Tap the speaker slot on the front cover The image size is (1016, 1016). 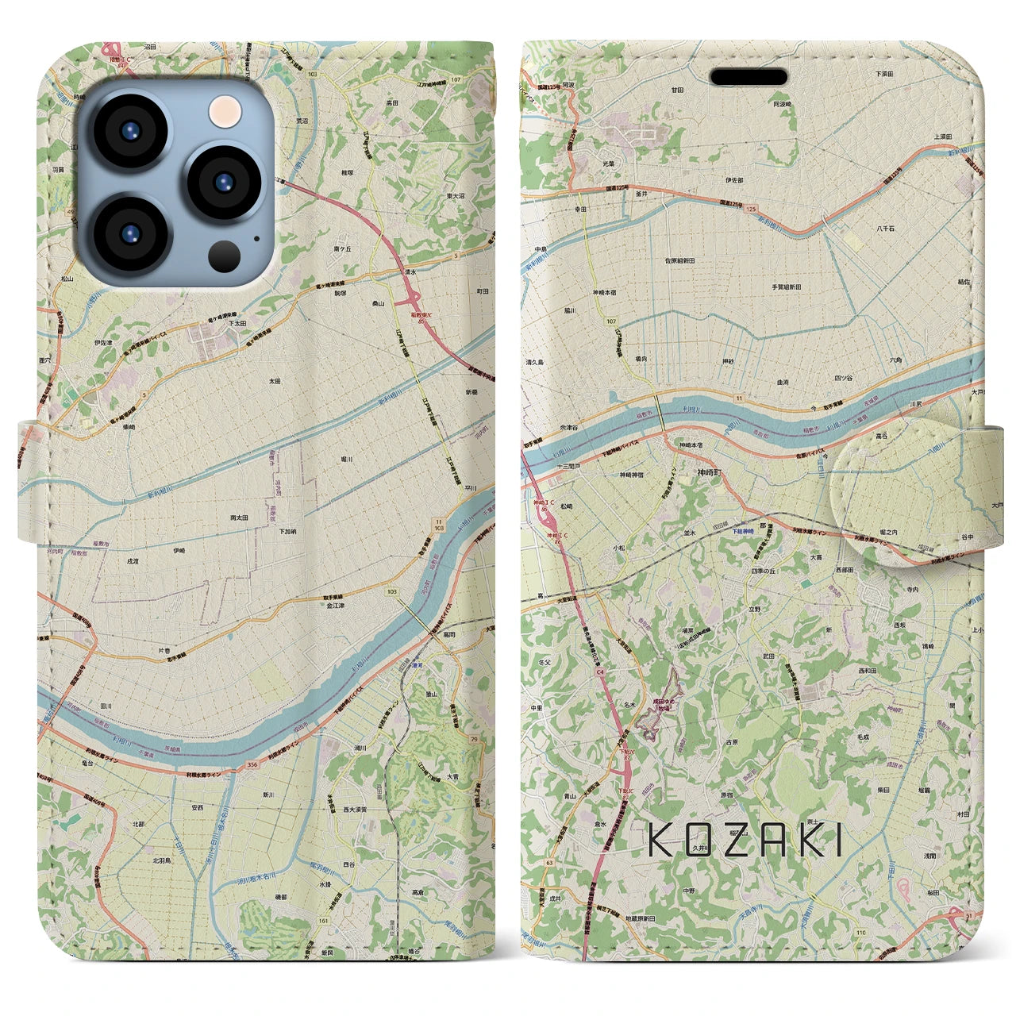pyautogui.click(x=749, y=77)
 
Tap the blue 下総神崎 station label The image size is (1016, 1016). pyautogui.click(x=741, y=531)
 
